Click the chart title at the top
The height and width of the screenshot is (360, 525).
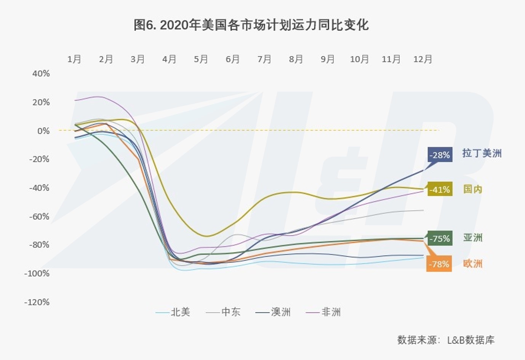coord(251,25)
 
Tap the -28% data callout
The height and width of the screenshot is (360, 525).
coord(440,155)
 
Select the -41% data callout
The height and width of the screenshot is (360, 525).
coord(440,189)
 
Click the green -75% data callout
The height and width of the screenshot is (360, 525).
coord(440,239)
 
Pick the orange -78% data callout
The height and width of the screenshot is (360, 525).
coord(439,264)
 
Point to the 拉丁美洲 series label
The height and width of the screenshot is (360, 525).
coord(482,154)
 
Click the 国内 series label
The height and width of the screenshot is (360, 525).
coord(473,189)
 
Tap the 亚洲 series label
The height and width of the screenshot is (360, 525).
coord(473,238)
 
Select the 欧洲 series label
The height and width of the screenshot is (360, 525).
coord(473,264)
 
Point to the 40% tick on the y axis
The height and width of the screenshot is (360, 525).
coord(41,74)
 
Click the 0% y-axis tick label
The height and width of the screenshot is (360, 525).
coord(43,131)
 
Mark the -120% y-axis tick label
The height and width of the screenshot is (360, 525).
coord(37,302)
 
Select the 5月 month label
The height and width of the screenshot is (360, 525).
coord(201,59)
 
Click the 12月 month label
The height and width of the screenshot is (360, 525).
coord(423,59)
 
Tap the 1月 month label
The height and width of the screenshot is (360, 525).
coord(74,59)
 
